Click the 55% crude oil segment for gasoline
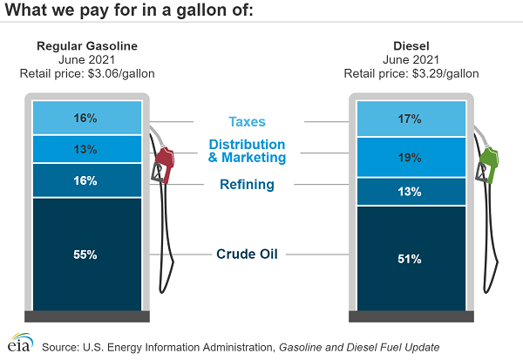[86, 255]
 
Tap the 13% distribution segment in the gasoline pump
[86, 149]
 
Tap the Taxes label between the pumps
[247, 123]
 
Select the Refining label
[247, 185]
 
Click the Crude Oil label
[247, 255]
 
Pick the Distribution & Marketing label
[247, 151]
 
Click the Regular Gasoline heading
[86, 46]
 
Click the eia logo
[19, 343]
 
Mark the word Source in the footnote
[61, 347]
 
